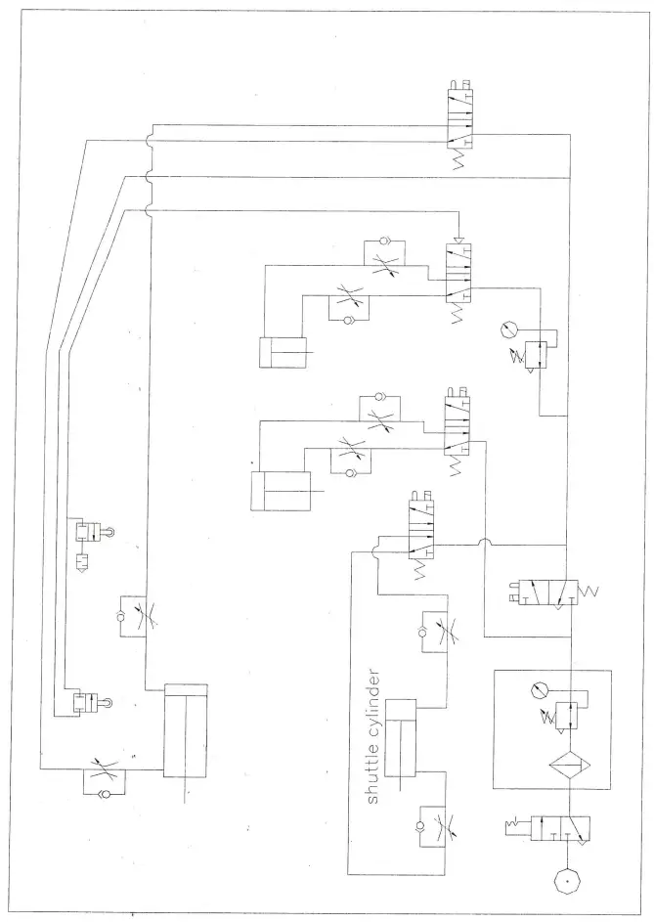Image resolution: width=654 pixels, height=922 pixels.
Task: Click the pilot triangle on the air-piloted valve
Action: click(458, 241)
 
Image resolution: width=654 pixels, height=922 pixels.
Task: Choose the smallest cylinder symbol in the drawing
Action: click(283, 351)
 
